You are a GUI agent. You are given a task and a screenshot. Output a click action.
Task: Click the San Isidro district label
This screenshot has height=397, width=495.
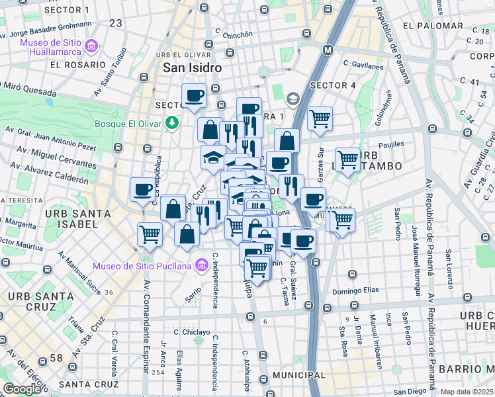[x=192, y=68]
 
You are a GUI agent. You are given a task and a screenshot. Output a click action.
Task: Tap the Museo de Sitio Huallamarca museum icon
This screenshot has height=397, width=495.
[x=91, y=46]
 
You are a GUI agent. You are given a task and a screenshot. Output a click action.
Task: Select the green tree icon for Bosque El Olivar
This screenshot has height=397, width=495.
[x=172, y=122]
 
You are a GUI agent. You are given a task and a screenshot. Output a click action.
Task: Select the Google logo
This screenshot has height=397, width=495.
[x=21, y=389]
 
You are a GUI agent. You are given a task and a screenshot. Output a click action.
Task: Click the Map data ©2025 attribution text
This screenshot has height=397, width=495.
[x=467, y=392]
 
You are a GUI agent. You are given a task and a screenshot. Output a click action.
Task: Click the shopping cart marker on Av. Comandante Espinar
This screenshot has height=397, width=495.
[x=150, y=234]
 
